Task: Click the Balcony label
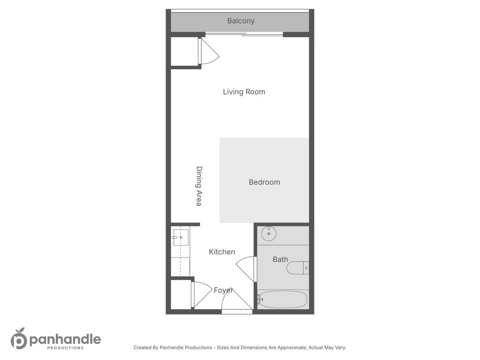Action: click(241, 21)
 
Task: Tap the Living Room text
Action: click(244, 92)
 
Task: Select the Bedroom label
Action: click(264, 182)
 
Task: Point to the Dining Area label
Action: click(199, 186)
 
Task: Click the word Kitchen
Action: click(222, 252)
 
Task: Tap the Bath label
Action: click(280, 259)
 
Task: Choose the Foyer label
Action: click(224, 290)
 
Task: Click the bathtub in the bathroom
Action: click(283, 299)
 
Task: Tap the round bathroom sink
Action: click(269, 233)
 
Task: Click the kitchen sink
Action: click(180, 237)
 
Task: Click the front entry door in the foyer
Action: click(236, 300)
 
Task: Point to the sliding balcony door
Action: click(244, 34)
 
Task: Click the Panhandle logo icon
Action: click(18, 338)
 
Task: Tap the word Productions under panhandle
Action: click(65, 348)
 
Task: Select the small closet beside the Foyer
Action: click(180, 294)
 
